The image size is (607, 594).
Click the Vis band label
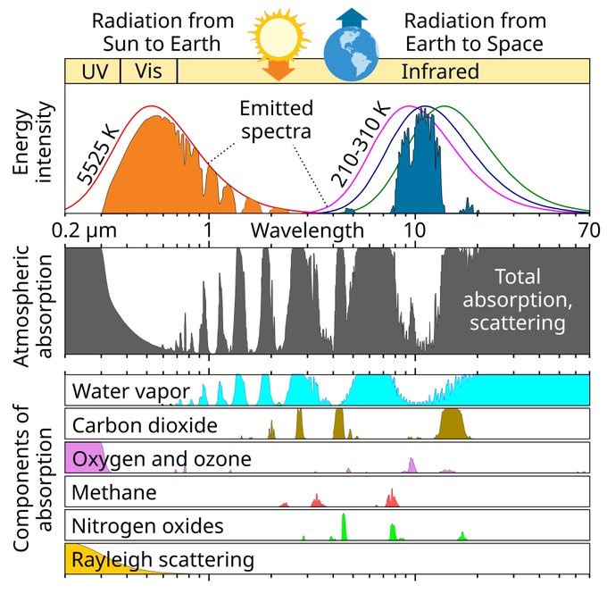[x=148, y=71]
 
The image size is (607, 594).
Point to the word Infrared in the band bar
[x=440, y=71]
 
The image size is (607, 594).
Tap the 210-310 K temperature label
[x=361, y=145]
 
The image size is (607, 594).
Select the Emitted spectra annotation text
[x=276, y=120]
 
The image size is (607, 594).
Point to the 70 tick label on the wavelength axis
[x=588, y=230]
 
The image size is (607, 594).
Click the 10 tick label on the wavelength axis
[x=414, y=230]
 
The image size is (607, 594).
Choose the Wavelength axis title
[x=306, y=230]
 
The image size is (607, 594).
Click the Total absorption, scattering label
[x=519, y=299]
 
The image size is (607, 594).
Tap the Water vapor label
[x=130, y=391]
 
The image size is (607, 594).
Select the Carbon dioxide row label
[x=145, y=424]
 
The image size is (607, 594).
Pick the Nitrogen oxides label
[x=148, y=525]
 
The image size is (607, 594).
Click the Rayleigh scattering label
[x=163, y=560]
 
